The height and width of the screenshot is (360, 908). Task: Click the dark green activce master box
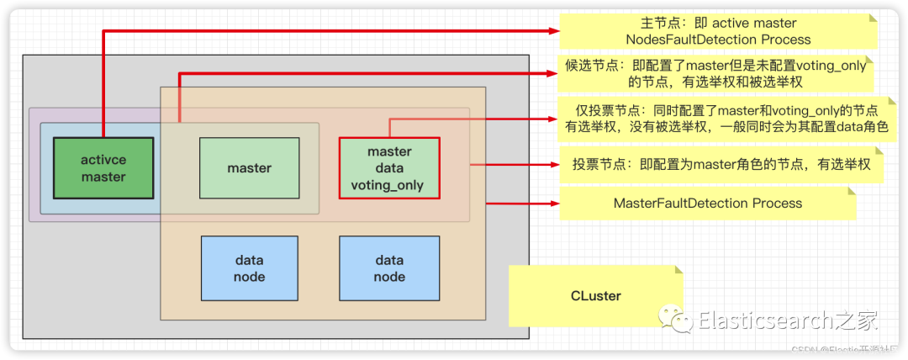coord(103,168)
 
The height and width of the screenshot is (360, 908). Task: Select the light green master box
coord(250,168)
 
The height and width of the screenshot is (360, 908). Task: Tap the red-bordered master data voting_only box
coord(389,168)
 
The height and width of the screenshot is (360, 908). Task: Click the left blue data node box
coord(250,268)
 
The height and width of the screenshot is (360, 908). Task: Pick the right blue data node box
coord(389,268)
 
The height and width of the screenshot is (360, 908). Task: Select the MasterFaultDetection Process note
coord(707,204)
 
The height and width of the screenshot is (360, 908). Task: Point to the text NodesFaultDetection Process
coord(719,40)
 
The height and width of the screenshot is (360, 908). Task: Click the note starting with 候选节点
coord(715,74)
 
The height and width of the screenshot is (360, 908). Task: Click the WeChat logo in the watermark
coord(677,320)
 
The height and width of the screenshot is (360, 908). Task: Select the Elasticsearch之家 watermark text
coord(788,320)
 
